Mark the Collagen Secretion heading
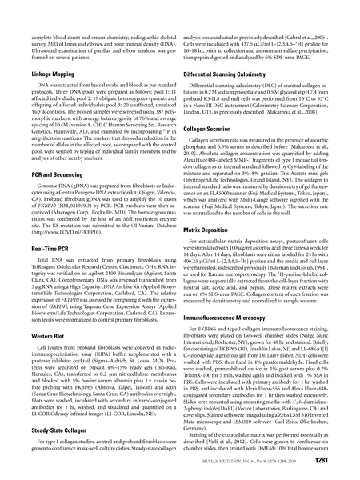(216, 150)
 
